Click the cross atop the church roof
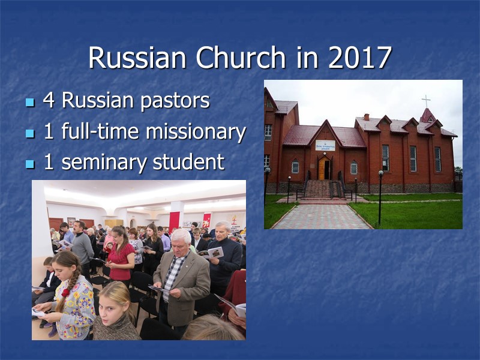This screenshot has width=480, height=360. point(426,100)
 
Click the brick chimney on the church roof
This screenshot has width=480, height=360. point(366,116)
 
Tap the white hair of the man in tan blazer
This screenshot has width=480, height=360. point(181,235)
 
